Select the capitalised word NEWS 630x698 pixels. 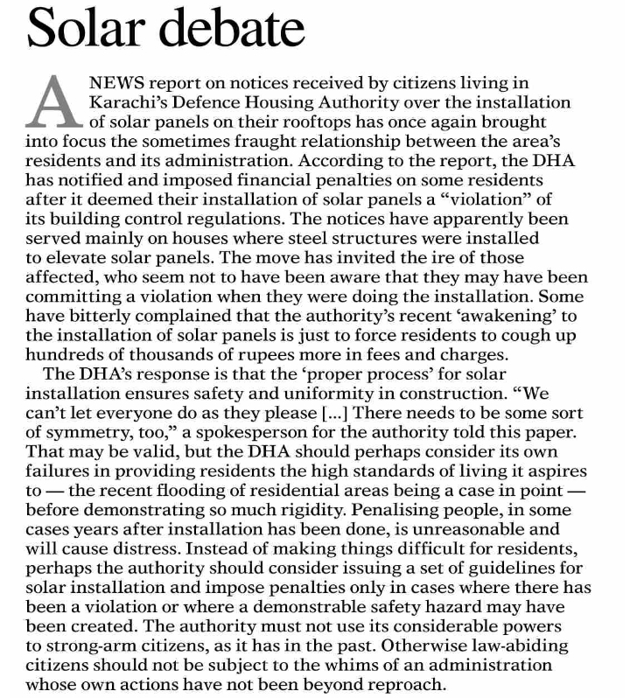tap(119, 83)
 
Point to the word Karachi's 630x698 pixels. tap(131, 102)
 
